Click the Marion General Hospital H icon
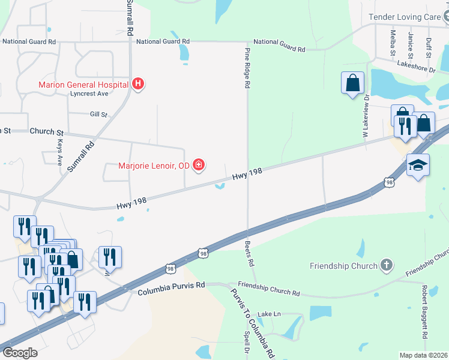click(x=138, y=84)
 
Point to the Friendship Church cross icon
click(x=387, y=265)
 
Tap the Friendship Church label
click(x=343, y=266)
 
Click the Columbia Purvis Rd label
click(x=171, y=292)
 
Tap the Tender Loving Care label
click(x=405, y=17)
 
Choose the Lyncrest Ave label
click(x=88, y=94)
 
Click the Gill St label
click(x=98, y=114)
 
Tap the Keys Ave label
click(x=59, y=153)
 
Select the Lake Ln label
click(x=269, y=314)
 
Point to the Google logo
click(x=20, y=352)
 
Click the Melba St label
click(x=393, y=43)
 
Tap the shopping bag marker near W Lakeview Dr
click(x=352, y=83)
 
